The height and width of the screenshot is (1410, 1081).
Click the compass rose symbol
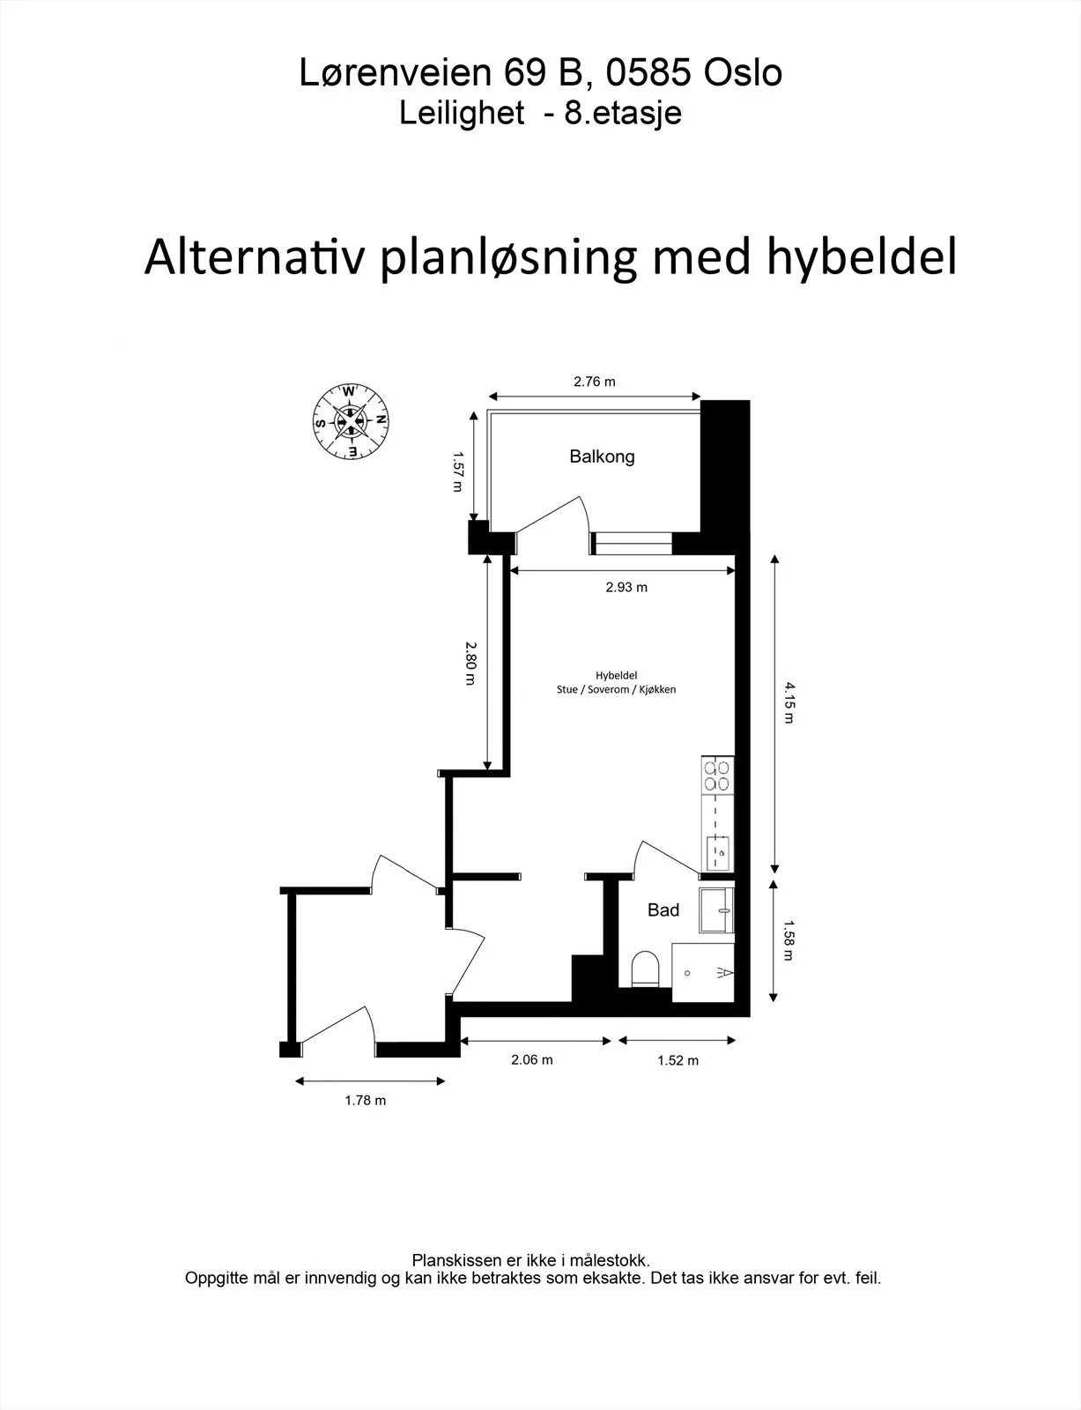[x=350, y=421]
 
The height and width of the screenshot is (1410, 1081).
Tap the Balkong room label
[x=602, y=456]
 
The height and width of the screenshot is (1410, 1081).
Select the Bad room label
[x=663, y=909]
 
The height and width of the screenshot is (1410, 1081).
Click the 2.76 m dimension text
[x=595, y=382]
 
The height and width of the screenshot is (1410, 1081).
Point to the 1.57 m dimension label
[x=457, y=471]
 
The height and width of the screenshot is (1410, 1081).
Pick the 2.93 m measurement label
[x=626, y=587]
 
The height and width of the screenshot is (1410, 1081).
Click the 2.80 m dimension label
[x=471, y=664]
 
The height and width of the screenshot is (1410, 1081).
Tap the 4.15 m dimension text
[x=789, y=702]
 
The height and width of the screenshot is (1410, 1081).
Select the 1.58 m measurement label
[x=789, y=940]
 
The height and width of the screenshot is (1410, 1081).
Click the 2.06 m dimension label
[x=532, y=1059]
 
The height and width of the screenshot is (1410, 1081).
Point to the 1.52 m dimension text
[x=677, y=1060]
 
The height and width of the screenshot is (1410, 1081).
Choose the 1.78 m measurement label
[x=365, y=1100]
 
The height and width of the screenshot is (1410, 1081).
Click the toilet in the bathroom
[x=645, y=968]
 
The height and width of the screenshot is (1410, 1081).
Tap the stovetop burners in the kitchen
[x=717, y=776]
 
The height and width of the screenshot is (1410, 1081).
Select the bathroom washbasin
[x=716, y=910]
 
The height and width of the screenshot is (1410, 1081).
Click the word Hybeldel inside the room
[x=616, y=675]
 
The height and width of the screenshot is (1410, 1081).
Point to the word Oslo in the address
[x=744, y=72]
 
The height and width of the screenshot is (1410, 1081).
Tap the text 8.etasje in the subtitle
[x=623, y=114]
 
